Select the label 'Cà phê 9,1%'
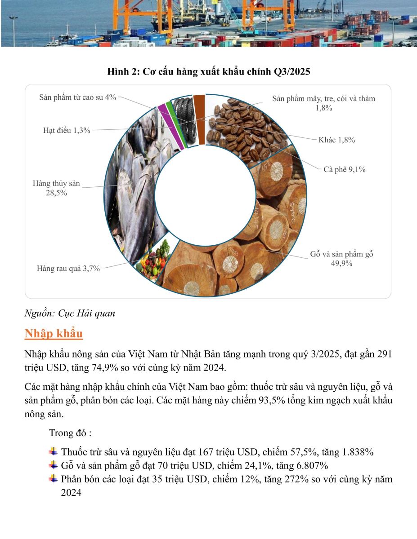(x=344, y=170)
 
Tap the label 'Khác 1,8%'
(x=336, y=140)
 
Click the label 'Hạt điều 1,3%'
(x=67, y=131)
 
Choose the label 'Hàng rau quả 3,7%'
(x=68, y=269)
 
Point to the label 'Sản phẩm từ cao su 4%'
(x=77, y=97)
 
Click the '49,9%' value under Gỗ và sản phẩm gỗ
(x=341, y=264)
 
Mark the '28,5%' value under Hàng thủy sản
(x=56, y=193)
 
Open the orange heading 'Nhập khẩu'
(x=54, y=334)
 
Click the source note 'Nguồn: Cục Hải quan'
(x=70, y=314)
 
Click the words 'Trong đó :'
(x=70, y=433)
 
